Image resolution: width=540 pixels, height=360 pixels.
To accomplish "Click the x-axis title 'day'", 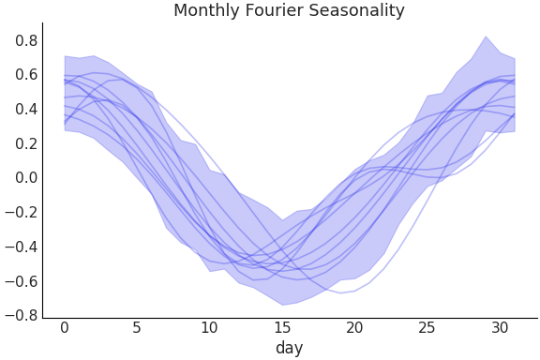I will [289, 348].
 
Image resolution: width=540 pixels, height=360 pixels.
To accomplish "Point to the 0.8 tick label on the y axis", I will [27, 40].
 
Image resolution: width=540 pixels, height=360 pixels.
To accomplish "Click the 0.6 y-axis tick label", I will [27, 75].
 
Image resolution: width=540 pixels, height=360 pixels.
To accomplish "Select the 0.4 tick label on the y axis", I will [27, 109].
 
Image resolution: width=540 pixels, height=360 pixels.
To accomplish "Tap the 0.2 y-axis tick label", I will [27, 143].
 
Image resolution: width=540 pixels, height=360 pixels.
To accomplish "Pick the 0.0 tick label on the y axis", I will [27, 178].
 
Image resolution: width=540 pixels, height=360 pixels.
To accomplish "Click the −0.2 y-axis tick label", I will [23, 213].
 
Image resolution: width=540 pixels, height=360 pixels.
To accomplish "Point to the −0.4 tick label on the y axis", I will [23, 247].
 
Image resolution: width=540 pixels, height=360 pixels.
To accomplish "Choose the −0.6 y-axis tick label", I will [23, 281].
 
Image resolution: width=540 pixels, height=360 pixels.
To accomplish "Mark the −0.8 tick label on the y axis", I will [23, 316].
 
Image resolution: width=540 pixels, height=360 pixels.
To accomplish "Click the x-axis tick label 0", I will [64, 327].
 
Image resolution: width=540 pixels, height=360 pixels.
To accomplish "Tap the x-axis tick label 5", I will [137, 327].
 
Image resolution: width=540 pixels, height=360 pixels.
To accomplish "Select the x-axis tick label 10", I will [209, 327].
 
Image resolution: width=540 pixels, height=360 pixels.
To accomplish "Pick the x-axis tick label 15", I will [281, 327].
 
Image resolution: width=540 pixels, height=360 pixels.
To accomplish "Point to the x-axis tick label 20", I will [354, 327].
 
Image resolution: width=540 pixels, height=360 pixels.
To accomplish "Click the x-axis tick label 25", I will [427, 327].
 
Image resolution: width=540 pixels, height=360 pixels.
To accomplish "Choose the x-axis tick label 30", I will [500, 327].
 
